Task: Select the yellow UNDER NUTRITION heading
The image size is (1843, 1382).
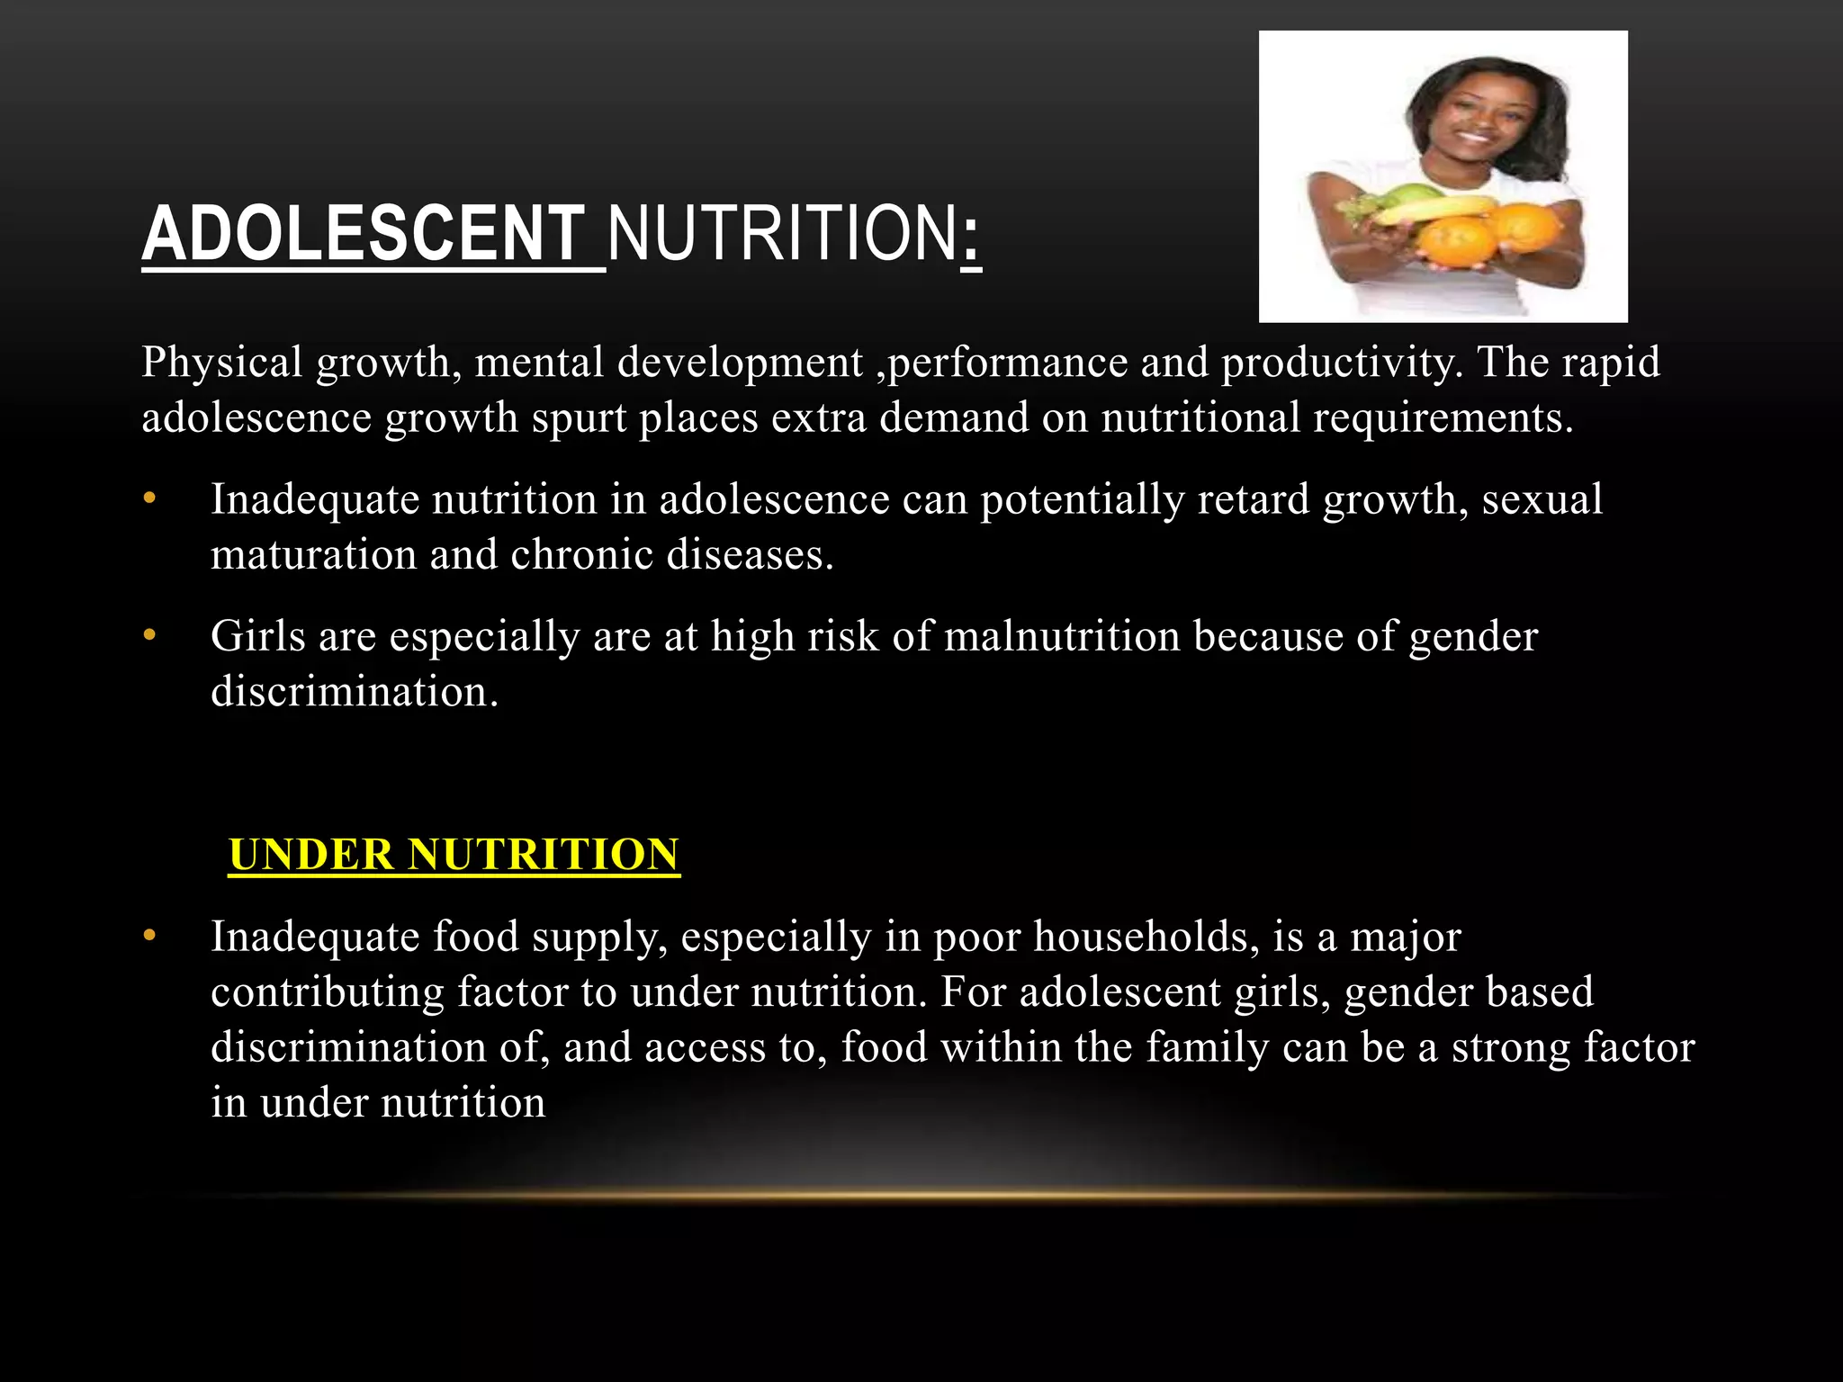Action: (454, 855)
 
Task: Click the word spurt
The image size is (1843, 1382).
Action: (579, 418)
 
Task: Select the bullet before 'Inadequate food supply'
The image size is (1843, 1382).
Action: (149, 937)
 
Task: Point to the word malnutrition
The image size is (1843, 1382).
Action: (1062, 637)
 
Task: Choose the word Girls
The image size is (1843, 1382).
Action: (257, 637)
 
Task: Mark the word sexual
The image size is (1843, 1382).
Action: (1542, 499)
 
